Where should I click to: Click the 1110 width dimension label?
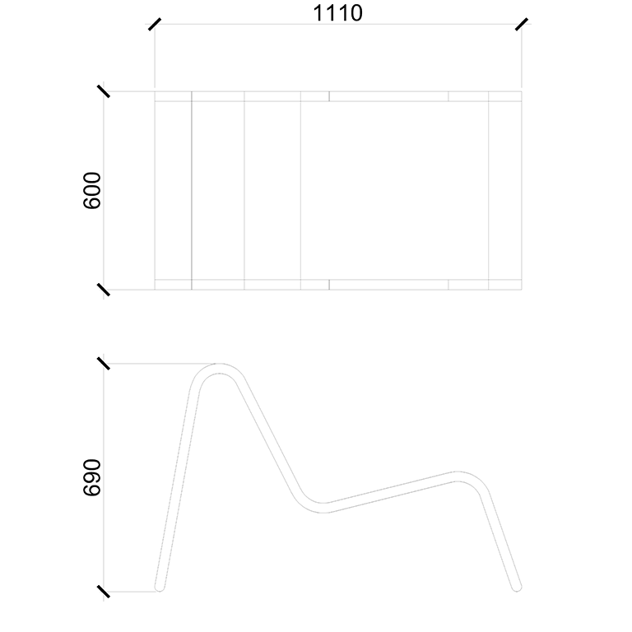(337, 13)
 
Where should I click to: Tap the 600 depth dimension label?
(92, 191)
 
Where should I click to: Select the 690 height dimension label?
(92, 477)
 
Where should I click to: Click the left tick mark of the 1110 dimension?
(155, 24)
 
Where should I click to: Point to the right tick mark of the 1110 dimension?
(522, 24)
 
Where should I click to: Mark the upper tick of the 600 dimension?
(104, 91)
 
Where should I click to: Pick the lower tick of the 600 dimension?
(104, 290)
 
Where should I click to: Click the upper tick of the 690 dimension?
(104, 364)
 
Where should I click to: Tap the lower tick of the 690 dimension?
(104, 592)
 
